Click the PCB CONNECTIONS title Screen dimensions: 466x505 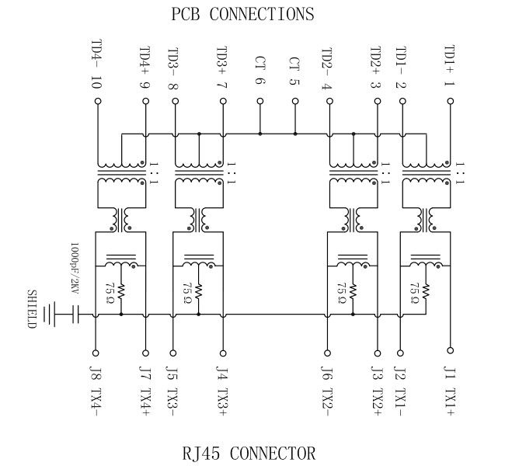(x=242, y=14)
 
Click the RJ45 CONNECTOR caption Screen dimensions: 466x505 (x=249, y=453)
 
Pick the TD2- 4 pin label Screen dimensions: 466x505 (x=326, y=68)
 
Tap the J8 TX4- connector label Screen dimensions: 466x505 (x=96, y=390)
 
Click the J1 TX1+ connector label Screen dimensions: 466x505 (x=448, y=390)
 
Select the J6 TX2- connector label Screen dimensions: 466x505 (x=326, y=390)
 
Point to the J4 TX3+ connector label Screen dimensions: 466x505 (x=222, y=390)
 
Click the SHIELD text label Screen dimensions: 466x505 (x=32, y=309)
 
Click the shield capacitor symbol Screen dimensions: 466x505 (x=75, y=315)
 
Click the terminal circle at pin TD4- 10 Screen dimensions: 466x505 (x=97, y=101)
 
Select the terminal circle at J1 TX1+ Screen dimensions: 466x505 (x=448, y=350)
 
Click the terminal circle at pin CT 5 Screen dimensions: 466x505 (x=294, y=101)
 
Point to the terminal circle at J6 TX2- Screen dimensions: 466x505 (x=326, y=350)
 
